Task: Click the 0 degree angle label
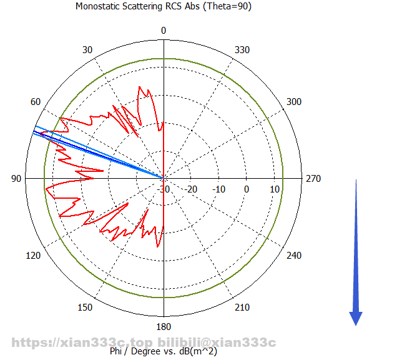[x=164, y=31]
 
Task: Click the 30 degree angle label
[x=87, y=51]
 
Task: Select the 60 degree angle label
[x=36, y=102]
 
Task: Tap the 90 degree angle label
[x=16, y=179]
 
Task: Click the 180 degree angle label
[x=164, y=327]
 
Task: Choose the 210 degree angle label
[x=240, y=307]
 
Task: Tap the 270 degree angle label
[x=313, y=179]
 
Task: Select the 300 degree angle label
[x=293, y=102]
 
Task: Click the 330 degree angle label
[x=240, y=51]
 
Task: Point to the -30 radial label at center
[x=164, y=189]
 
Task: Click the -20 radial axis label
[x=192, y=189]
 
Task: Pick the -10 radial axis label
[x=219, y=189]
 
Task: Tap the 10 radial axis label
[x=274, y=189]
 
